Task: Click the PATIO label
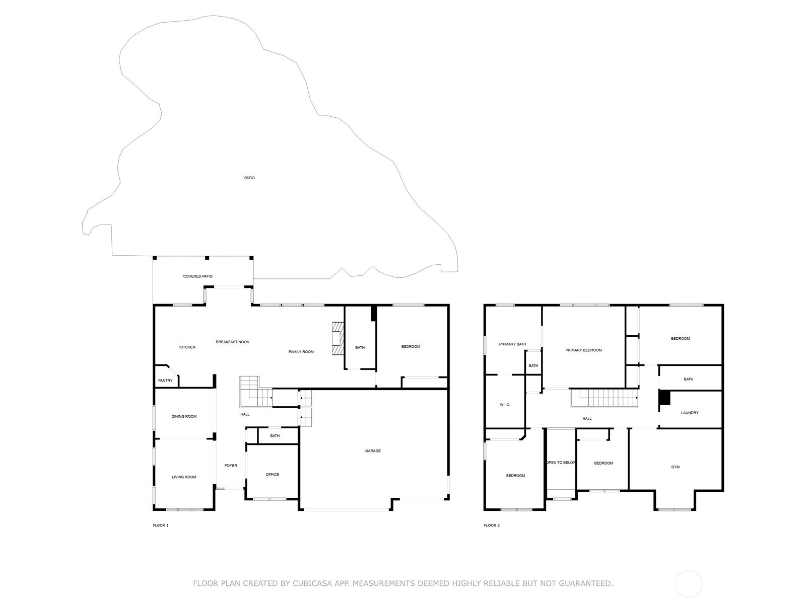click(249, 178)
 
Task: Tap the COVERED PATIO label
click(197, 276)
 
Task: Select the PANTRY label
click(165, 381)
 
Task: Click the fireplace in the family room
click(338, 338)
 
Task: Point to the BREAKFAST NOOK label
click(232, 342)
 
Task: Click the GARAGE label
click(373, 450)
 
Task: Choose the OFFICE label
click(272, 475)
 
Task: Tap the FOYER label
click(231, 466)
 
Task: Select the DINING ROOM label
click(184, 416)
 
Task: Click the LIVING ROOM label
click(184, 477)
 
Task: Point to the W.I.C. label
click(505, 405)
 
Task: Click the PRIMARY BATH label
click(512, 344)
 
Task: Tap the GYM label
click(676, 467)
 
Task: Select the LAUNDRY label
click(690, 413)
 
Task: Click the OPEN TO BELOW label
click(561, 463)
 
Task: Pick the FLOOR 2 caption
click(492, 525)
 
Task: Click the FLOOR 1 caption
click(161, 525)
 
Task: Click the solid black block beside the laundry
click(664, 398)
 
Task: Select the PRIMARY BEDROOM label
click(583, 350)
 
